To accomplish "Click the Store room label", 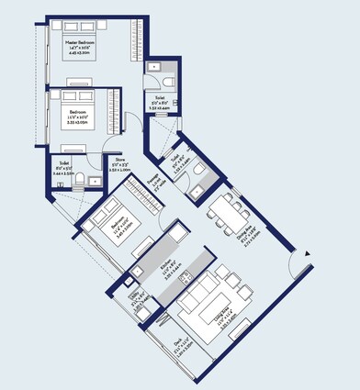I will (121, 168).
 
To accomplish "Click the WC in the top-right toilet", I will (156, 67).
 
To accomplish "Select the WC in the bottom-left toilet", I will (81, 179).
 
